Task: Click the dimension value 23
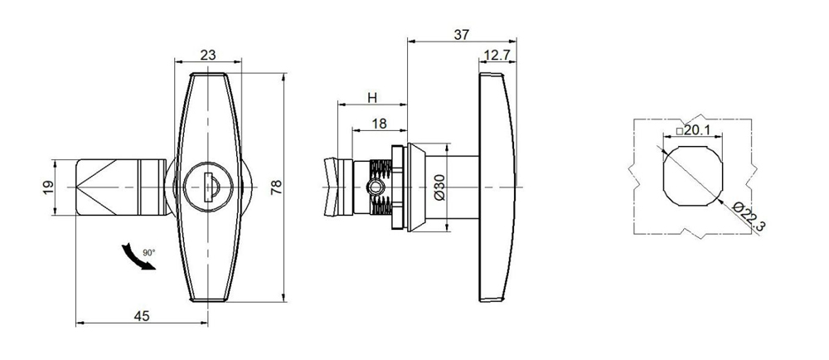[x=208, y=55]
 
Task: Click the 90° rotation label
[x=148, y=251]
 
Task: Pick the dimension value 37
[x=462, y=35]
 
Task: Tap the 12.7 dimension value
[x=496, y=56]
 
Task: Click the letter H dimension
[x=372, y=98]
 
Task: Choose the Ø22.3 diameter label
[x=743, y=218]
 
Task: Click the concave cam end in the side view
[x=331, y=187]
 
